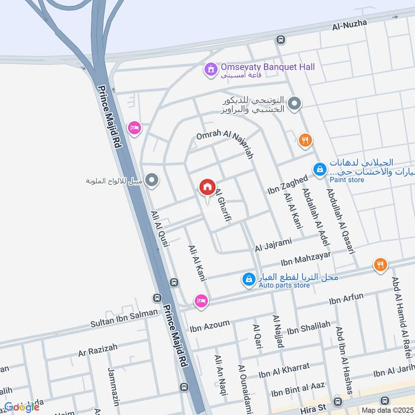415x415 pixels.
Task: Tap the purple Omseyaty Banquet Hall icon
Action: click(x=211, y=68)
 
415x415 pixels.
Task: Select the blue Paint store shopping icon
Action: click(x=320, y=169)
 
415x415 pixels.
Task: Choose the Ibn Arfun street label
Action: click(x=346, y=299)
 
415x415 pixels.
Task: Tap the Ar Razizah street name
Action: click(x=98, y=350)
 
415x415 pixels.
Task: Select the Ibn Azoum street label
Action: click(x=210, y=325)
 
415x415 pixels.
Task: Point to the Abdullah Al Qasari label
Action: click(x=340, y=220)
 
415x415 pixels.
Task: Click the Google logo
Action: click(x=22, y=407)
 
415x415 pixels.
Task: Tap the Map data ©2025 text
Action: click(x=386, y=410)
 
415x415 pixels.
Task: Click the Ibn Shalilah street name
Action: click(x=308, y=328)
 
